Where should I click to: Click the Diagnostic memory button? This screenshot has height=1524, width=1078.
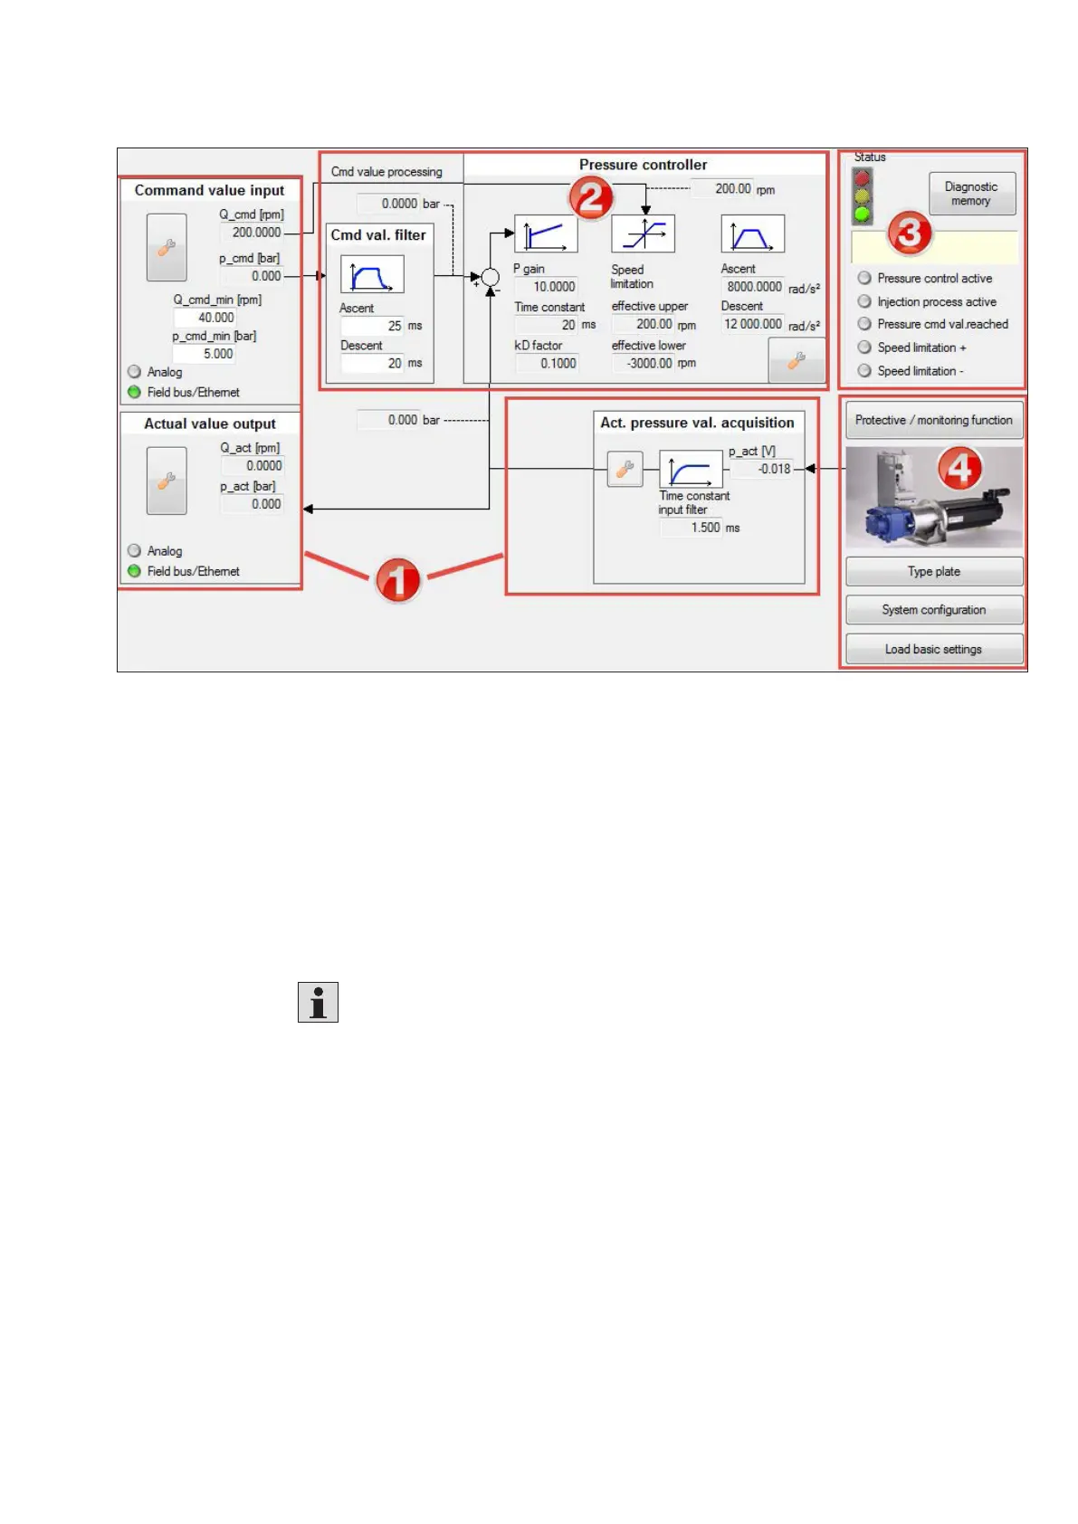click(971, 194)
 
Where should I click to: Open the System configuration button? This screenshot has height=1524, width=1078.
click(933, 610)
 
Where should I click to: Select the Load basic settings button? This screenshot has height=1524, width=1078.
click(933, 649)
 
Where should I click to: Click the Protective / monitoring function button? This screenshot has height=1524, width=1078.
click(933, 421)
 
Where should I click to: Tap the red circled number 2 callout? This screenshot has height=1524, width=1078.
click(591, 197)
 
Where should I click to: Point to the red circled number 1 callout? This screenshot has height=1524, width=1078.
click(397, 579)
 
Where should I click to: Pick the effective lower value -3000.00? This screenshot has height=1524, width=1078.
click(648, 363)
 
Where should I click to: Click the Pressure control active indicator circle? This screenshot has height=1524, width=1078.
click(864, 278)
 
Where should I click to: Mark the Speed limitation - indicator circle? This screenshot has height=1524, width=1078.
click(864, 370)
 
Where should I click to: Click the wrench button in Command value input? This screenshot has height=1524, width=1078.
click(167, 248)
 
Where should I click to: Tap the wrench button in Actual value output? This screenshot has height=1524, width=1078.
click(167, 481)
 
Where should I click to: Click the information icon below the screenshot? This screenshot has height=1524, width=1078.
click(318, 1002)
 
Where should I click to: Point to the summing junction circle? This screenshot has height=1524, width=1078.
click(490, 277)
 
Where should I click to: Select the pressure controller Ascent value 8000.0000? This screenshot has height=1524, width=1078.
click(753, 287)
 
